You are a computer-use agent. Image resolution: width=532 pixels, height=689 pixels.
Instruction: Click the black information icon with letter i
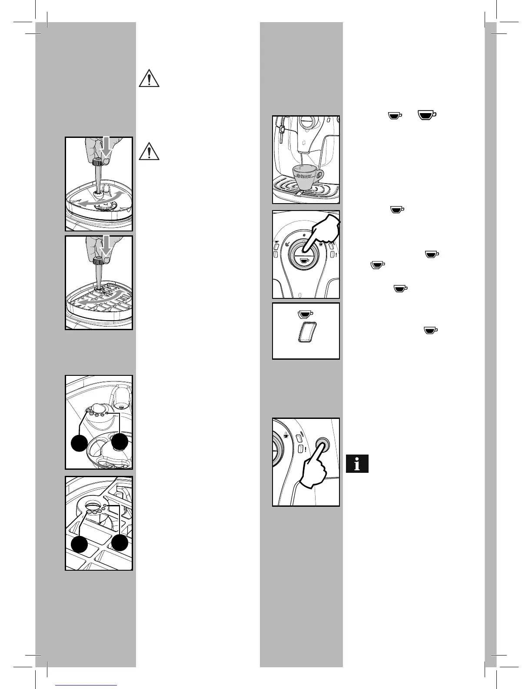(357, 464)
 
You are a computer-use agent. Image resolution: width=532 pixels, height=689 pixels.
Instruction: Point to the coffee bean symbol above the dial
(304, 235)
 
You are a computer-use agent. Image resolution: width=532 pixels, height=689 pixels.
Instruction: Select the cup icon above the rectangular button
(306, 313)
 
